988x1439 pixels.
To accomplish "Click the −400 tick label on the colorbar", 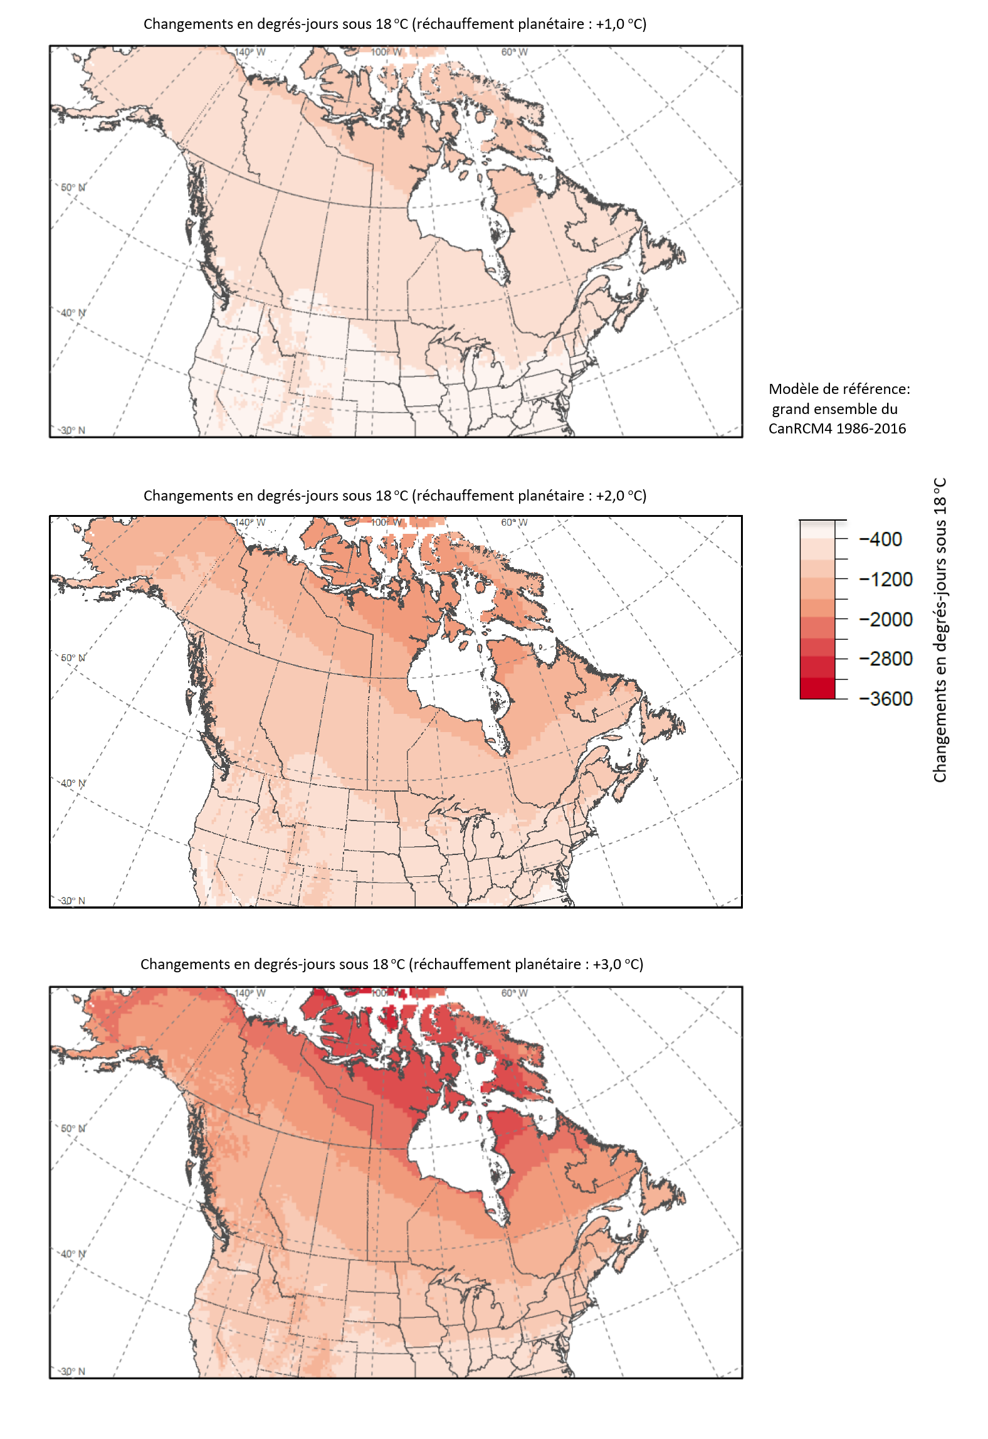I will [x=881, y=539].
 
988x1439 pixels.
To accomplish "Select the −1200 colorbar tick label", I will [x=886, y=580].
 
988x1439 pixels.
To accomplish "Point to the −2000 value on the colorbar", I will [x=886, y=620].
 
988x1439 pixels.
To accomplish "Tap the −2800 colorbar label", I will [x=886, y=659].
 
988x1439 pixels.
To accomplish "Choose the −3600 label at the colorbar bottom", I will [x=886, y=699].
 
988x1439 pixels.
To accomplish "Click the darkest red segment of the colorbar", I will [x=817, y=689].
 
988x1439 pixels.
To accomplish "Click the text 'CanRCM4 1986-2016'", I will [x=837, y=429].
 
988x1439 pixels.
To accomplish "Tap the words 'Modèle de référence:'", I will [x=839, y=390].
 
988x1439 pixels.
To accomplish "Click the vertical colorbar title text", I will [x=940, y=630].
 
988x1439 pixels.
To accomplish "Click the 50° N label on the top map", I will [x=73, y=188].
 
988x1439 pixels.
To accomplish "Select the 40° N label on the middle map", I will [x=73, y=783].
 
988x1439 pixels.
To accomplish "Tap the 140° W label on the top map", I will [x=250, y=52].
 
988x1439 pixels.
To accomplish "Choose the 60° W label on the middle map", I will [x=514, y=523].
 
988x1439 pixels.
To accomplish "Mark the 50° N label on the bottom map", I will [x=73, y=1128].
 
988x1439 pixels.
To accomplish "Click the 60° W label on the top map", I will [x=514, y=52].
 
